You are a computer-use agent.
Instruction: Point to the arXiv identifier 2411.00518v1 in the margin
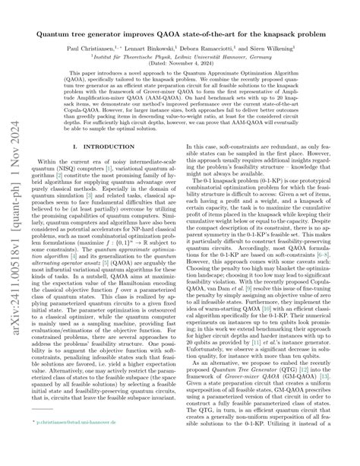pos(13,319)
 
